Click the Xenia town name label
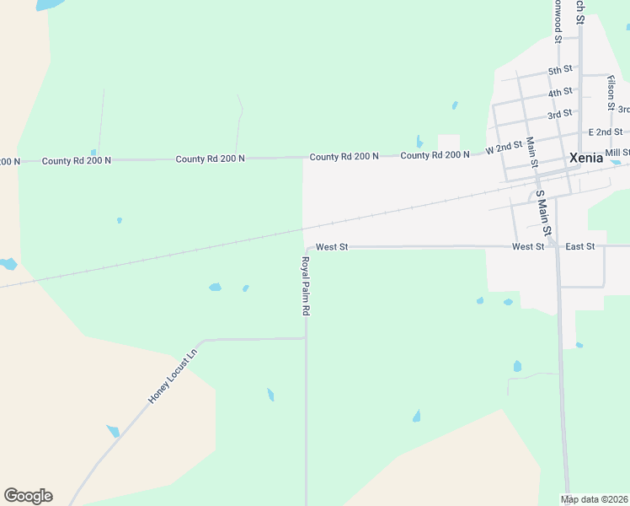click(586, 157)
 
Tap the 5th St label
click(560, 70)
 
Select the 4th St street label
click(560, 92)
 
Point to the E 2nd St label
click(606, 132)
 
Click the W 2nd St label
click(505, 148)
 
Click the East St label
click(580, 246)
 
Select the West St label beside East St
click(528, 246)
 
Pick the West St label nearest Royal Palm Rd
click(332, 247)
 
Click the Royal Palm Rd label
click(306, 287)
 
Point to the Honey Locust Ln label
click(173, 374)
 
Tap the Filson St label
click(611, 92)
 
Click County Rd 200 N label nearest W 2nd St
click(435, 155)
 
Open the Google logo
click(28, 496)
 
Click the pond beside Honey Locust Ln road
click(113, 431)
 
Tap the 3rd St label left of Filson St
click(560, 113)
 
